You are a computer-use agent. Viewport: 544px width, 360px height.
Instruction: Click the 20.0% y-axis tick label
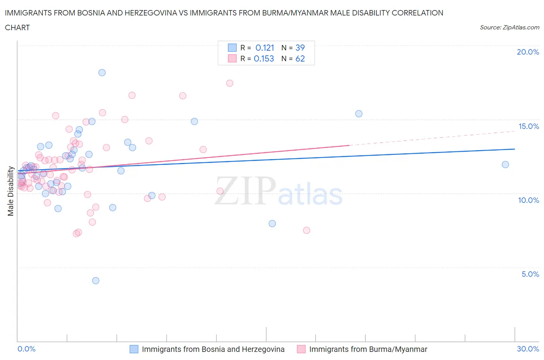[x=528, y=52]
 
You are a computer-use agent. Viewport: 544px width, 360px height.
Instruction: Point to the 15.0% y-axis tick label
[x=529, y=126]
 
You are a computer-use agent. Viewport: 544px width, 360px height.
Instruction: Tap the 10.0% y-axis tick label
[x=529, y=200]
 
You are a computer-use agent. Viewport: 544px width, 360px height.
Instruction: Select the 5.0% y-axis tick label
[x=530, y=274]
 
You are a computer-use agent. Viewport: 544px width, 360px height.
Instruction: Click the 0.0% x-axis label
[x=26, y=349]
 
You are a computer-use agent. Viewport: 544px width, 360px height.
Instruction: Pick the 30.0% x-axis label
[x=528, y=349]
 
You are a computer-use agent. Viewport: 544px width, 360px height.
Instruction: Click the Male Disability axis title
[x=11, y=191]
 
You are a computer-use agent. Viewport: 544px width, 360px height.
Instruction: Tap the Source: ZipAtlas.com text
[x=509, y=27]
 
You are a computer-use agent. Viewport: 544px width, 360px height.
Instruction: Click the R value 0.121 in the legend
[x=265, y=48]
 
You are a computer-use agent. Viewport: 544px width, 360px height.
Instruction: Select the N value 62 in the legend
[x=300, y=58]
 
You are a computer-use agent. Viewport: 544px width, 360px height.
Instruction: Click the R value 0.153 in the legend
[x=264, y=58]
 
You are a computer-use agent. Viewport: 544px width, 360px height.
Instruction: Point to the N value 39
[x=300, y=48]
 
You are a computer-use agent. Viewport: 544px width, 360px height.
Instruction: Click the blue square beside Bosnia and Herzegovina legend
[x=133, y=349]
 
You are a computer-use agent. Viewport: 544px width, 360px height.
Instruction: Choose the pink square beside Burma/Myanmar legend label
[x=301, y=349]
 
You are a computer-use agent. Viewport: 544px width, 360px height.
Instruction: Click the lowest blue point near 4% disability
[x=96, y=281]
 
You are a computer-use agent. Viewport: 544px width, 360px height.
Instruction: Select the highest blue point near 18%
[x=102, y=72]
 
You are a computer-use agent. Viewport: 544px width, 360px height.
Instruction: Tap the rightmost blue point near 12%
[x=505, y=165]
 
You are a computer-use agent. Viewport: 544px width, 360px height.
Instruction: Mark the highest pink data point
[x=229, y=83]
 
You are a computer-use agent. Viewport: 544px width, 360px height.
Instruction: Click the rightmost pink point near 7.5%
[x=306, y=230]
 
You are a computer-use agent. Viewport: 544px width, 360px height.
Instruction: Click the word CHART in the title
[x=17, y=27]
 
